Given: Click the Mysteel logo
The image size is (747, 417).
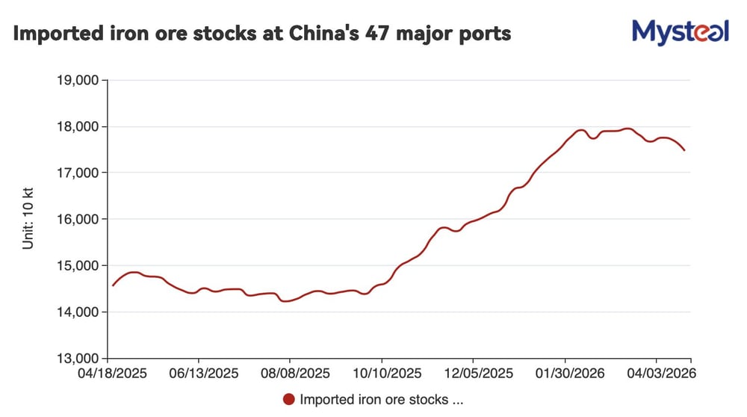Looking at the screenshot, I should coord(680,31).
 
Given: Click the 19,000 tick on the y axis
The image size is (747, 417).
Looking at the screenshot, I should coord(78,80).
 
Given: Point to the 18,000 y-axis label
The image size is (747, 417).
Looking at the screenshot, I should coord(78,126).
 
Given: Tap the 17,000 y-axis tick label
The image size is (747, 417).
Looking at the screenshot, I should coord(78,173).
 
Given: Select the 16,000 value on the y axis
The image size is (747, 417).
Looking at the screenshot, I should coord(78,219).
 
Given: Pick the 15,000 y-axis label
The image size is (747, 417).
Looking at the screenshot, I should coord(78,265).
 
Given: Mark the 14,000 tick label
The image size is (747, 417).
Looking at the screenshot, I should coord(78,312).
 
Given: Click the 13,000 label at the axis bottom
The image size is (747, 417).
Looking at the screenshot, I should coord(78,358).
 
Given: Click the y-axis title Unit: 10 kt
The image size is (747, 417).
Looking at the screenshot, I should coord(28,219).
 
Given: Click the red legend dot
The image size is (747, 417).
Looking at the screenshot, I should coord(289,399).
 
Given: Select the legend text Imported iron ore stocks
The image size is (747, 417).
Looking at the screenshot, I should coord(382,399).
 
